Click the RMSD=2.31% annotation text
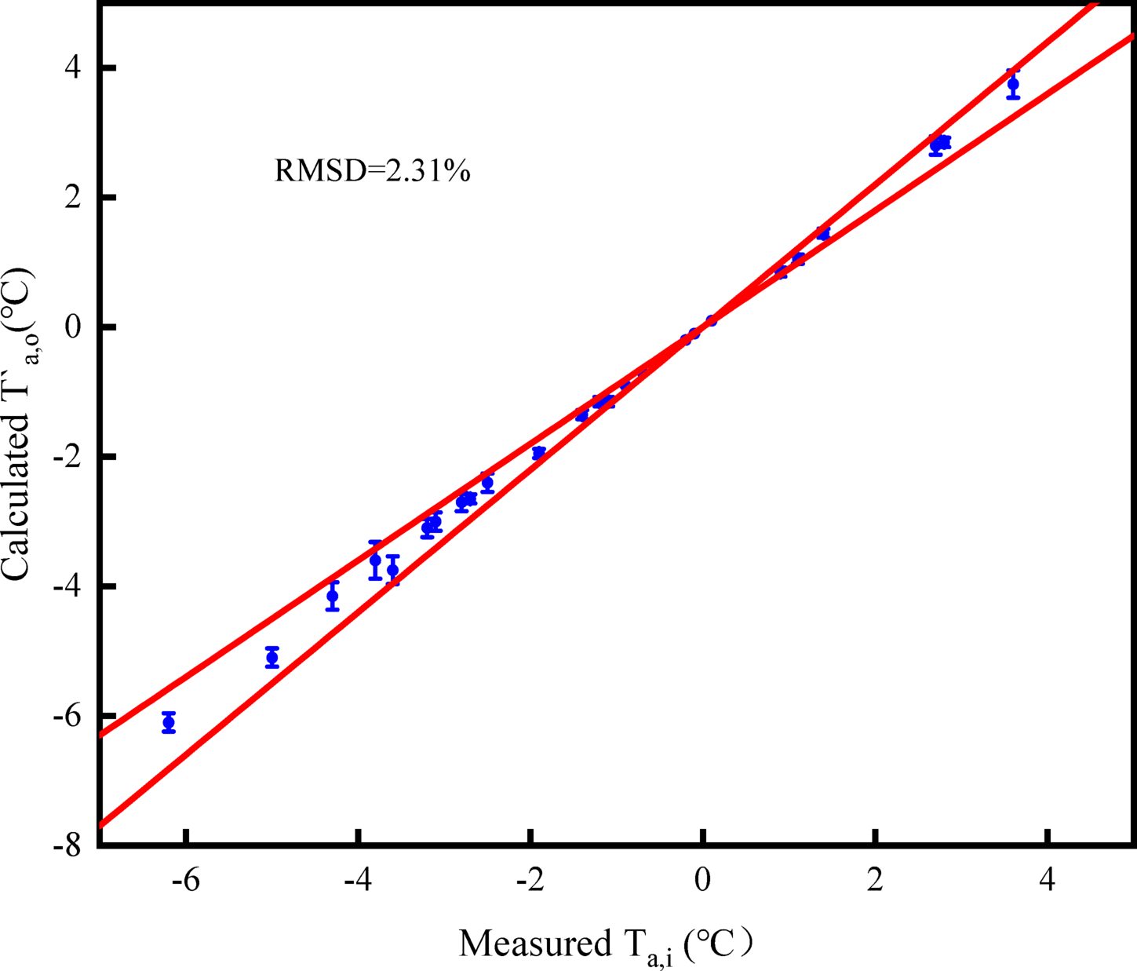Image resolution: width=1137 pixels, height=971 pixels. (x=372, y=170)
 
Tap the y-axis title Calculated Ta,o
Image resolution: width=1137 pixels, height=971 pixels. (x=17, y=424)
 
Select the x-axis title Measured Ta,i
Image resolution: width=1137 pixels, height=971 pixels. (x=604, y=944)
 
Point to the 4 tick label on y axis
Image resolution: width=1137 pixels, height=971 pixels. (x=73, y=68)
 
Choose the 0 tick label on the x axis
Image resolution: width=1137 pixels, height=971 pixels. (x=703, y=880)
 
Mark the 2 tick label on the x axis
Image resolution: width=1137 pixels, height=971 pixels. (x=875, y=880)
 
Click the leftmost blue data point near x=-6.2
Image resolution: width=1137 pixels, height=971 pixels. (x=169, y=722)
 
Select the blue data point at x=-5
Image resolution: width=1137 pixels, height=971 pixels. (x=272, y=657)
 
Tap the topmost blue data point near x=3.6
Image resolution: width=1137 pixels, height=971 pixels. (x=1013, y=84)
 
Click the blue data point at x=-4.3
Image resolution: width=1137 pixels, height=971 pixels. (x=333, y=596)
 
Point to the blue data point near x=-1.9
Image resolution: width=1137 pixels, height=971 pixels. (x=538, y=453)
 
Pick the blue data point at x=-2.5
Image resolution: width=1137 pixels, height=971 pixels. (x=487, y=483)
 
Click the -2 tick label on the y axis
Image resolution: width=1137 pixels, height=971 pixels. (x=67, y=457)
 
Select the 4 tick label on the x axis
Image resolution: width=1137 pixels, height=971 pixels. (x=1048, y=880)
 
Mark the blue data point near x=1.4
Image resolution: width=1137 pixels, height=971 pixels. (x=823, y=233)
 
